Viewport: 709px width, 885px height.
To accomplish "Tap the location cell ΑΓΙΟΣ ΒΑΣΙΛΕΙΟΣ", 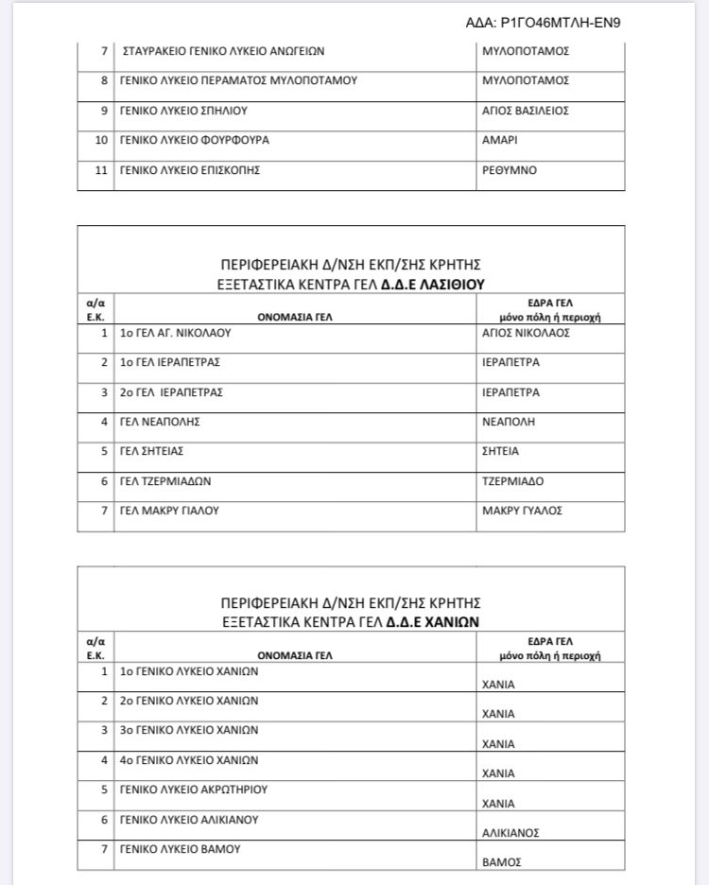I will pos(525,111).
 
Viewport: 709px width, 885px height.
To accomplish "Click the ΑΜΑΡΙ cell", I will pos(502,141).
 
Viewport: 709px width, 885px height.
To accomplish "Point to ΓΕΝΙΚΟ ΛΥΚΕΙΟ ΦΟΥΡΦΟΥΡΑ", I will pos(194,141).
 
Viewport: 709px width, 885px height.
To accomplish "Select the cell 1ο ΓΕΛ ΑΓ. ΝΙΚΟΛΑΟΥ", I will pos(175,333).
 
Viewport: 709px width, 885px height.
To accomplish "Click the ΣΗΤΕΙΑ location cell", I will pos(501,451).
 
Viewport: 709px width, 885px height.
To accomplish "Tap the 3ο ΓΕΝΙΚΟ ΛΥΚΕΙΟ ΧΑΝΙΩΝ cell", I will pos(189,730).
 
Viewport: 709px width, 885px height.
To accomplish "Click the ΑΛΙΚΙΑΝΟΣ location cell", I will pos(510,833).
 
